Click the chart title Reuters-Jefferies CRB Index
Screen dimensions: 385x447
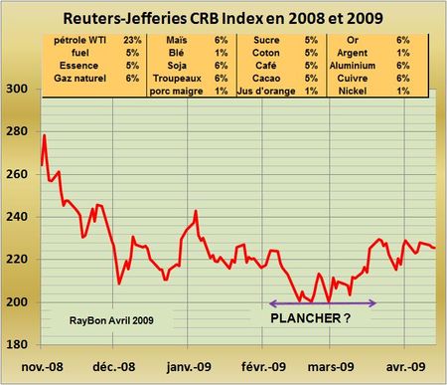[223, 17]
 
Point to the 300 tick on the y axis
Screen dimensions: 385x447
[17, 89]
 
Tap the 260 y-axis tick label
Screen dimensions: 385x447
[17, 173]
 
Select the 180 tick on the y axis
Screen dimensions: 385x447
[17, 344]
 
